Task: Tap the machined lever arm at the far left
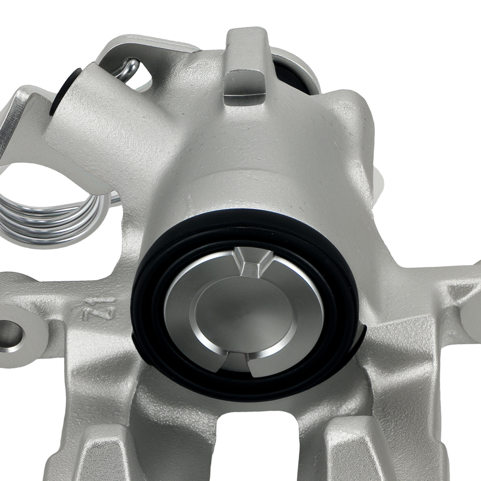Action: tap(14, 120)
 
